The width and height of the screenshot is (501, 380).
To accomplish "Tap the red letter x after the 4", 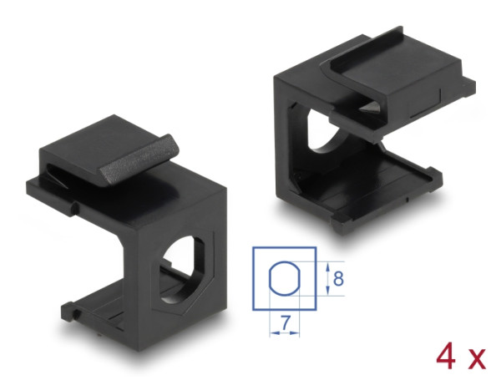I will pyautogui.click(x=475, y=360).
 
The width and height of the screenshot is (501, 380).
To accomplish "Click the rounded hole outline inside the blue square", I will pyautogui.click(x=284, y=276).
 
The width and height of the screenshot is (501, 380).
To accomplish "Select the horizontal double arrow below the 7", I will pyautogui.click(x=285, y=332).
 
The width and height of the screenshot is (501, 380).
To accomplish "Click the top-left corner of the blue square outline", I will pyautogui.click(x=253, y=246).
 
